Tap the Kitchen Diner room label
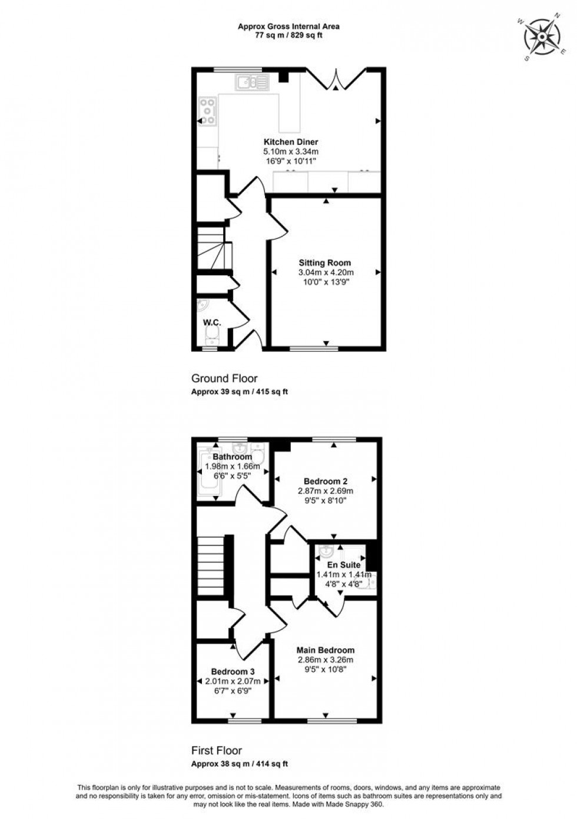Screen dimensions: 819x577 290,142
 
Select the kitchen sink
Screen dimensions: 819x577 253,82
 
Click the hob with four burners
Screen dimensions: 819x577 208,111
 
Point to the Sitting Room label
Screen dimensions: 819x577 324,263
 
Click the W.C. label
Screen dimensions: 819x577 212,322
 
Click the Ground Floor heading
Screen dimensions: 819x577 224,378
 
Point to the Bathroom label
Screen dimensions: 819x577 232,457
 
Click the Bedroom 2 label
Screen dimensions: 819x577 333,481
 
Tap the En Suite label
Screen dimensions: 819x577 344,565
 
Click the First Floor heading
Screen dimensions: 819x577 217,750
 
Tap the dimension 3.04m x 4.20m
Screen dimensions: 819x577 326,272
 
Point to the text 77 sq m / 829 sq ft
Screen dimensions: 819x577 288,35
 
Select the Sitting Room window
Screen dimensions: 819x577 314,349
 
